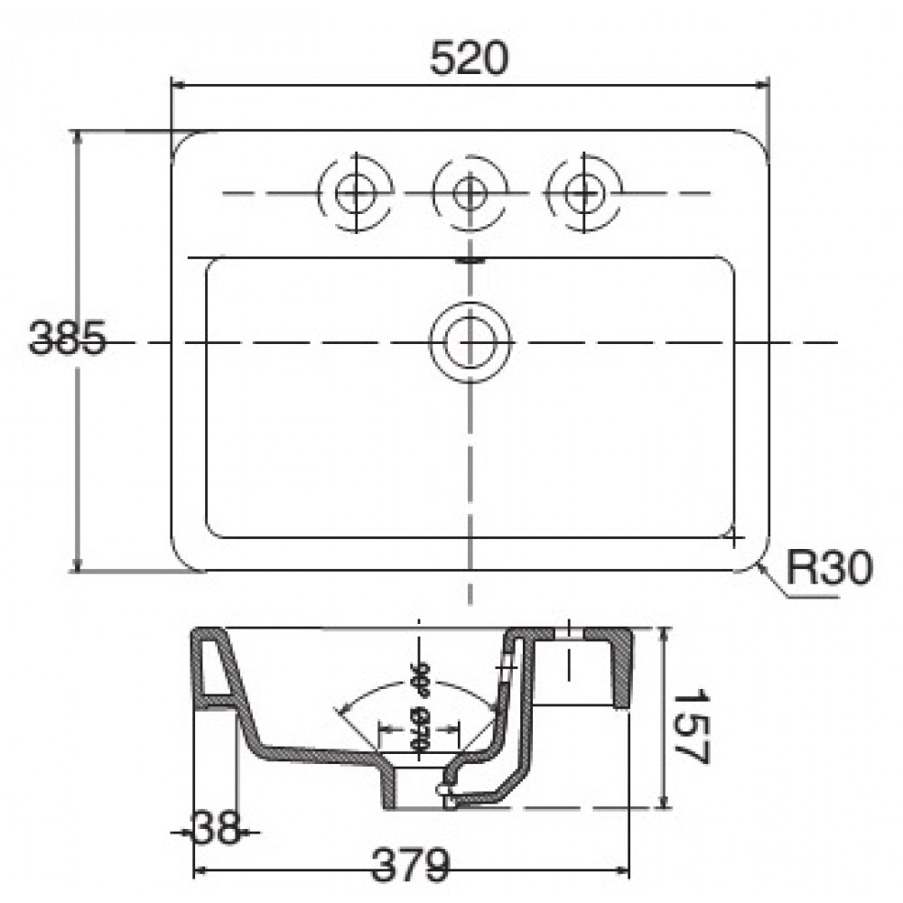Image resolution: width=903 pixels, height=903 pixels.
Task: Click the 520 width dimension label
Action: (x=469, y=60)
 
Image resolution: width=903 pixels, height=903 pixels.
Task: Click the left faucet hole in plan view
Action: (x=357, y=191)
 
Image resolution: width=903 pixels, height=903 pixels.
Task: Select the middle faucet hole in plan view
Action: (x=469, y=191)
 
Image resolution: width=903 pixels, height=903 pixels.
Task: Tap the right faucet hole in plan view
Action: (x=584, y=191)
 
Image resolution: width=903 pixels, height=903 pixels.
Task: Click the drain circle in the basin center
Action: (x=470, y=342)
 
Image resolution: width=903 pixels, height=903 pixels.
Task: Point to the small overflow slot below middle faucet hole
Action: (x=470, y=258)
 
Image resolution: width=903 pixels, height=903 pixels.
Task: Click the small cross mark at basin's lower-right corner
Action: (x=735, y=538)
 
